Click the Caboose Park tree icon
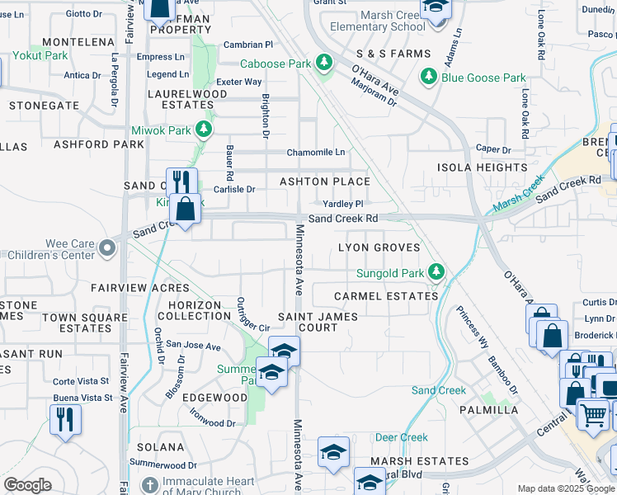click(324, 64)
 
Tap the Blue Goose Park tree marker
click(429, 78)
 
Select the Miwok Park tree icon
click(202, 130)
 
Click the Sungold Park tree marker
click(437, 272)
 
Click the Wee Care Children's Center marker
click(106, 247)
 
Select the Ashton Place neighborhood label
click(324, 181)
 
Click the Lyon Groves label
click(379, 247)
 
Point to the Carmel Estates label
click(386, 296)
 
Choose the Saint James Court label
click(318, 322)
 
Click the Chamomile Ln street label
click(316, 153)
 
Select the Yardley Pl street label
click(342, 204)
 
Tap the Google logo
click(27, 485)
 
